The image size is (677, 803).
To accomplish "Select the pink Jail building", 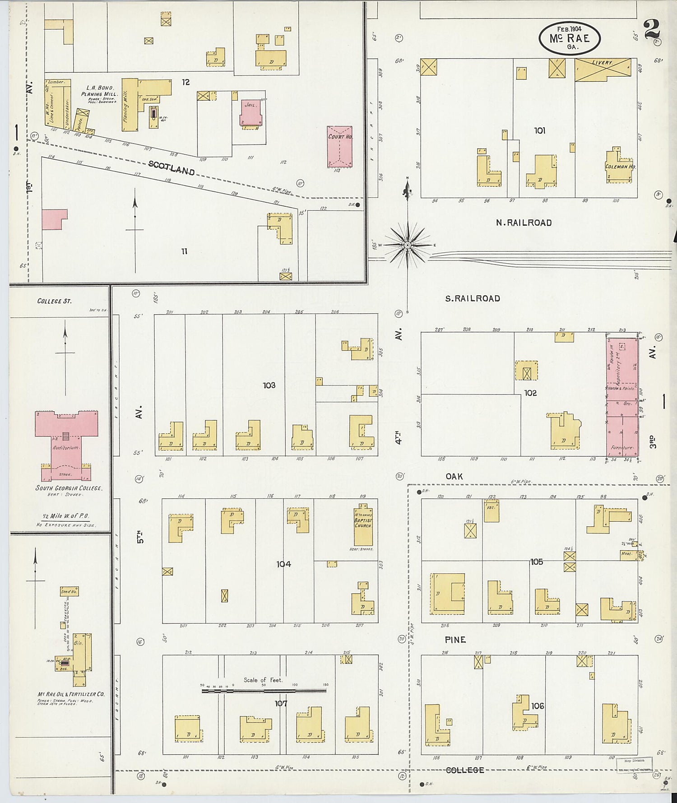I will coord(250,112).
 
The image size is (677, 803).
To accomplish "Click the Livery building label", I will coord(603,63).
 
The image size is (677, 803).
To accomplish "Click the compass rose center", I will coord(408,245).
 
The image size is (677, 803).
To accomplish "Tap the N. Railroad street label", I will coord(524,223).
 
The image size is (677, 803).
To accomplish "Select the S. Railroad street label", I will coord(473,298).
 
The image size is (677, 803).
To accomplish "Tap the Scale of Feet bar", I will coord(264,690).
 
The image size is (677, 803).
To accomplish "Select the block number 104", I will coord(283,564).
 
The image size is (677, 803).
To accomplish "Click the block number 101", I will coord(539,130).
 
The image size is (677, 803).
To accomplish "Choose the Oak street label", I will coord(454,476).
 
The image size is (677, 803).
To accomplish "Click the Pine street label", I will coord(455,640).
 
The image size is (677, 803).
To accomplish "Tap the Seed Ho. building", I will coord(69,591).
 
